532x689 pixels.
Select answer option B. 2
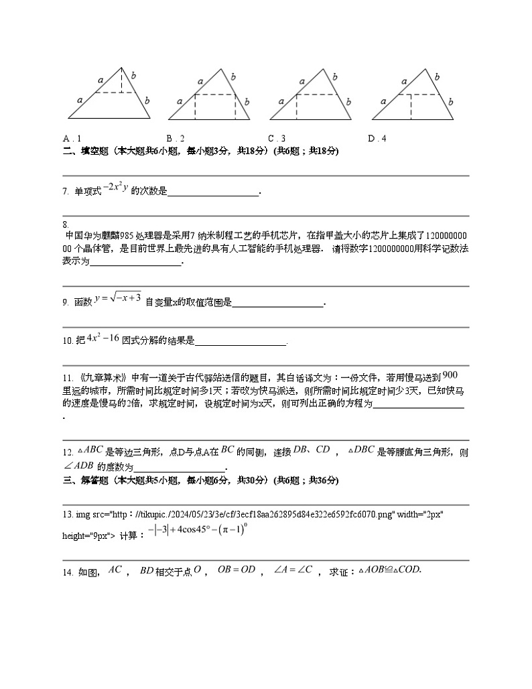176,139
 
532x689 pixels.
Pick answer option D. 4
377,139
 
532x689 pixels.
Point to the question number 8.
66,224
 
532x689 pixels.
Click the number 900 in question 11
450,375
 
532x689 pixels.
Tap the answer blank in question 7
213,193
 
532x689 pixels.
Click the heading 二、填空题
84,151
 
